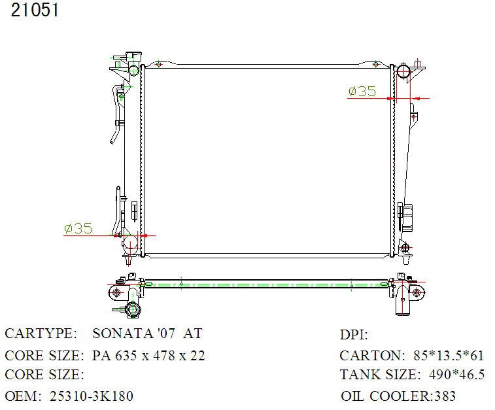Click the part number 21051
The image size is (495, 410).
tap(35, 10)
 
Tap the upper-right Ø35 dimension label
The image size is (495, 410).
tap(362, 91)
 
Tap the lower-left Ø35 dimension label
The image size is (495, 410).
tap(78, 228)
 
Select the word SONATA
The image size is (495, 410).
tap(121, 333)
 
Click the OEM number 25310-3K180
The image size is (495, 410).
tap(92, 396)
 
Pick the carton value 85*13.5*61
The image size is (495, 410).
tap(449, 356)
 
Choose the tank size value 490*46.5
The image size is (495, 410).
tap(457, 375)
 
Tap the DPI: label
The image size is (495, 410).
tap(354, 335)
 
